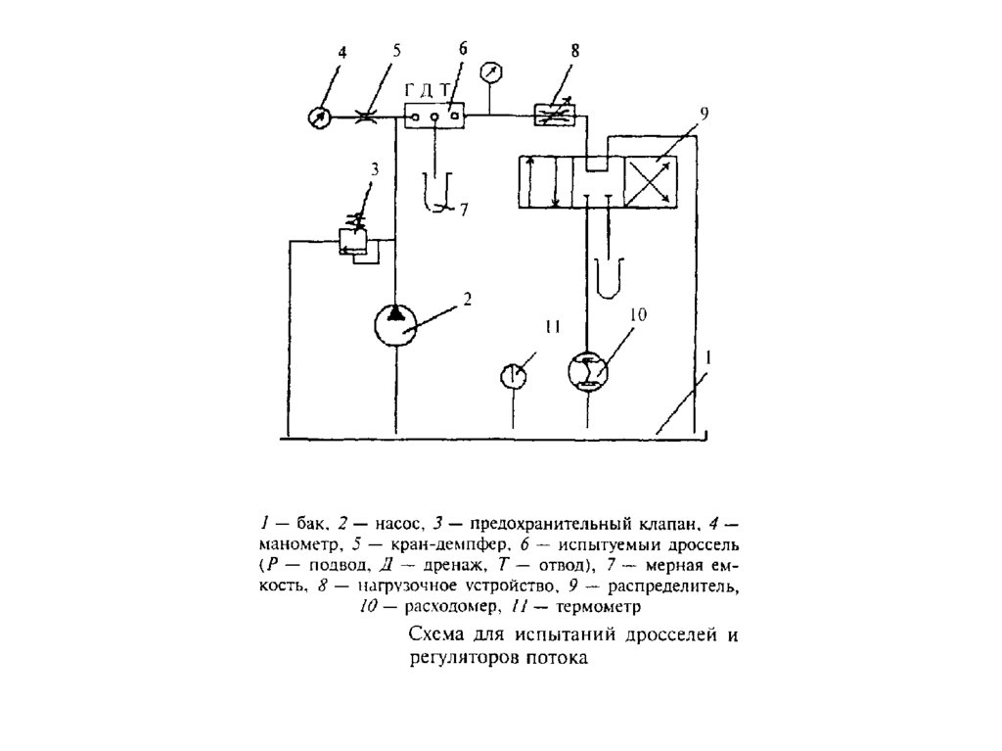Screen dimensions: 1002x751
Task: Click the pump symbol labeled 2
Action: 396,324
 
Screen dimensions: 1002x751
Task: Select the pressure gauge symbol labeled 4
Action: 318,117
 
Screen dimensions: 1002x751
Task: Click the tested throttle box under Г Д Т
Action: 433,117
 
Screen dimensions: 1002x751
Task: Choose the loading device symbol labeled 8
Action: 557,116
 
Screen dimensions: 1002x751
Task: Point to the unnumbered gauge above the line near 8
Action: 491,72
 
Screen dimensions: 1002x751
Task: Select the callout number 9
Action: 705,115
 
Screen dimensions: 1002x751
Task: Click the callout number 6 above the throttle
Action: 463,49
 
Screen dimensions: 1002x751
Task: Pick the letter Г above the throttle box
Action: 411,91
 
